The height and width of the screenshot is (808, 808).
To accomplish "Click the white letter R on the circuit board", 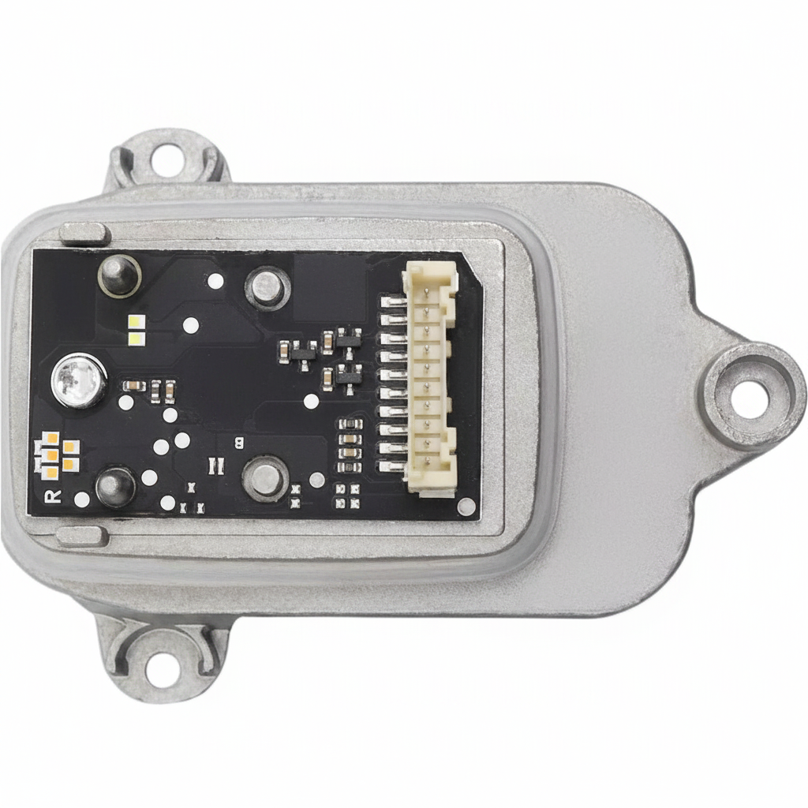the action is click(53, 496).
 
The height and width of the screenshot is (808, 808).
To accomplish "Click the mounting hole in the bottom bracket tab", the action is click(163, 670).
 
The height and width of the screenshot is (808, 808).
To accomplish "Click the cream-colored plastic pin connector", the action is click(430, 379).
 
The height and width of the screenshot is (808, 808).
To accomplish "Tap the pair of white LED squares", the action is click(136, 331).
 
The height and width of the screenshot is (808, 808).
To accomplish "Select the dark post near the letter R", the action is click(116, 486).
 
